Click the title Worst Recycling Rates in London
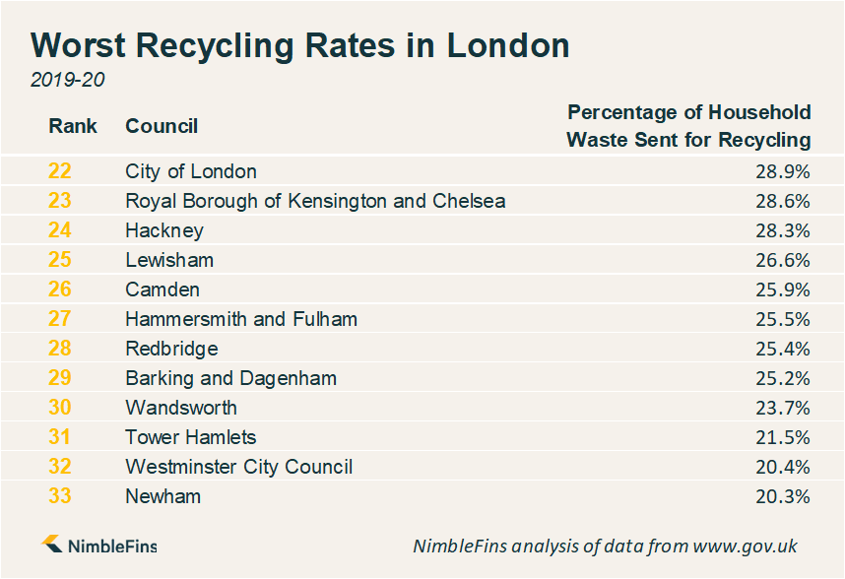[300, 45]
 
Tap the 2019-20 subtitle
[67, 80]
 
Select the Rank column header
[73, 126]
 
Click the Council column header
[162, 126]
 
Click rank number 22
[60, 171]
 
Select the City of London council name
[191, 171]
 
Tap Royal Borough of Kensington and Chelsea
[315, 201]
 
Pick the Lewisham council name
[169, 260]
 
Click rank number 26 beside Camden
[60, 289]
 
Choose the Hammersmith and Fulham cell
[241, 319]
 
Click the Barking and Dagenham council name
[231, 378]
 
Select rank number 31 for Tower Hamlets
[60, 437]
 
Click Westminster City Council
[239, 467]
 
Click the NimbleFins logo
[98, 546]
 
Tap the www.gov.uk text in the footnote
[745, 546]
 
